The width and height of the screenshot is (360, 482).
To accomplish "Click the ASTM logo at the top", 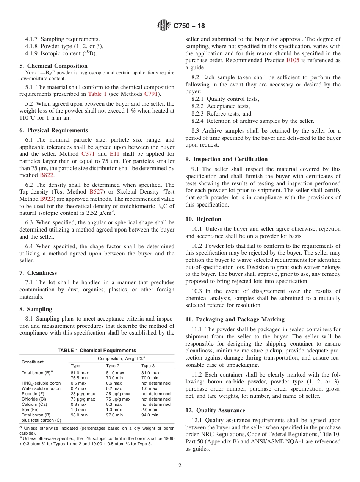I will click(164, 26).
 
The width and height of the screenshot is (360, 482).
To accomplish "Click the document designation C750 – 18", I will click(189, 26).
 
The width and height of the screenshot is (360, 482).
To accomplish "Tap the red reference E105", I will click(293, 61).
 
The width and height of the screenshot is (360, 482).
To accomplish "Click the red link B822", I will click(47, 175).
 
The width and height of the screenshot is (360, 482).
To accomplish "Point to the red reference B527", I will click(96, 192).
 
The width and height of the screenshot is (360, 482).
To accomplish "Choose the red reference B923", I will click(47, 199).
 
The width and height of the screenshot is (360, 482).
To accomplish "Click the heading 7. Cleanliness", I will click(38, 273).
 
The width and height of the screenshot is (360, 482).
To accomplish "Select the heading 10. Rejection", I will click(203, 219).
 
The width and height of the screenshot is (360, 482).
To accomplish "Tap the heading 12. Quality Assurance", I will click(215, 410).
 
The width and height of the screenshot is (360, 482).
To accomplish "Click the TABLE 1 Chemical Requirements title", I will click(97, 351).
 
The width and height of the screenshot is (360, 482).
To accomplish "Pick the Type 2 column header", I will click(113, 366).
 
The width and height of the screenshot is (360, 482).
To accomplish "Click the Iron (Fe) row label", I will click(31, 410).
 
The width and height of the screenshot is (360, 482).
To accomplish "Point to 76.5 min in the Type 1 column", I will click(80, 378).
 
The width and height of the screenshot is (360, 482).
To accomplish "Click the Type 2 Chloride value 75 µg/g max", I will click(118, 399).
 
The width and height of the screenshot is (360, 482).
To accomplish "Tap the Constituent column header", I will click(33, 362).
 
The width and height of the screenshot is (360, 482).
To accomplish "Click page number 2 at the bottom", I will click(180, 466).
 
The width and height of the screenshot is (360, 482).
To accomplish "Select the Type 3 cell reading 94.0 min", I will click(150, 415).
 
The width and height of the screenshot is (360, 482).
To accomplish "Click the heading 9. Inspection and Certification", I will click(227, 159).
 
